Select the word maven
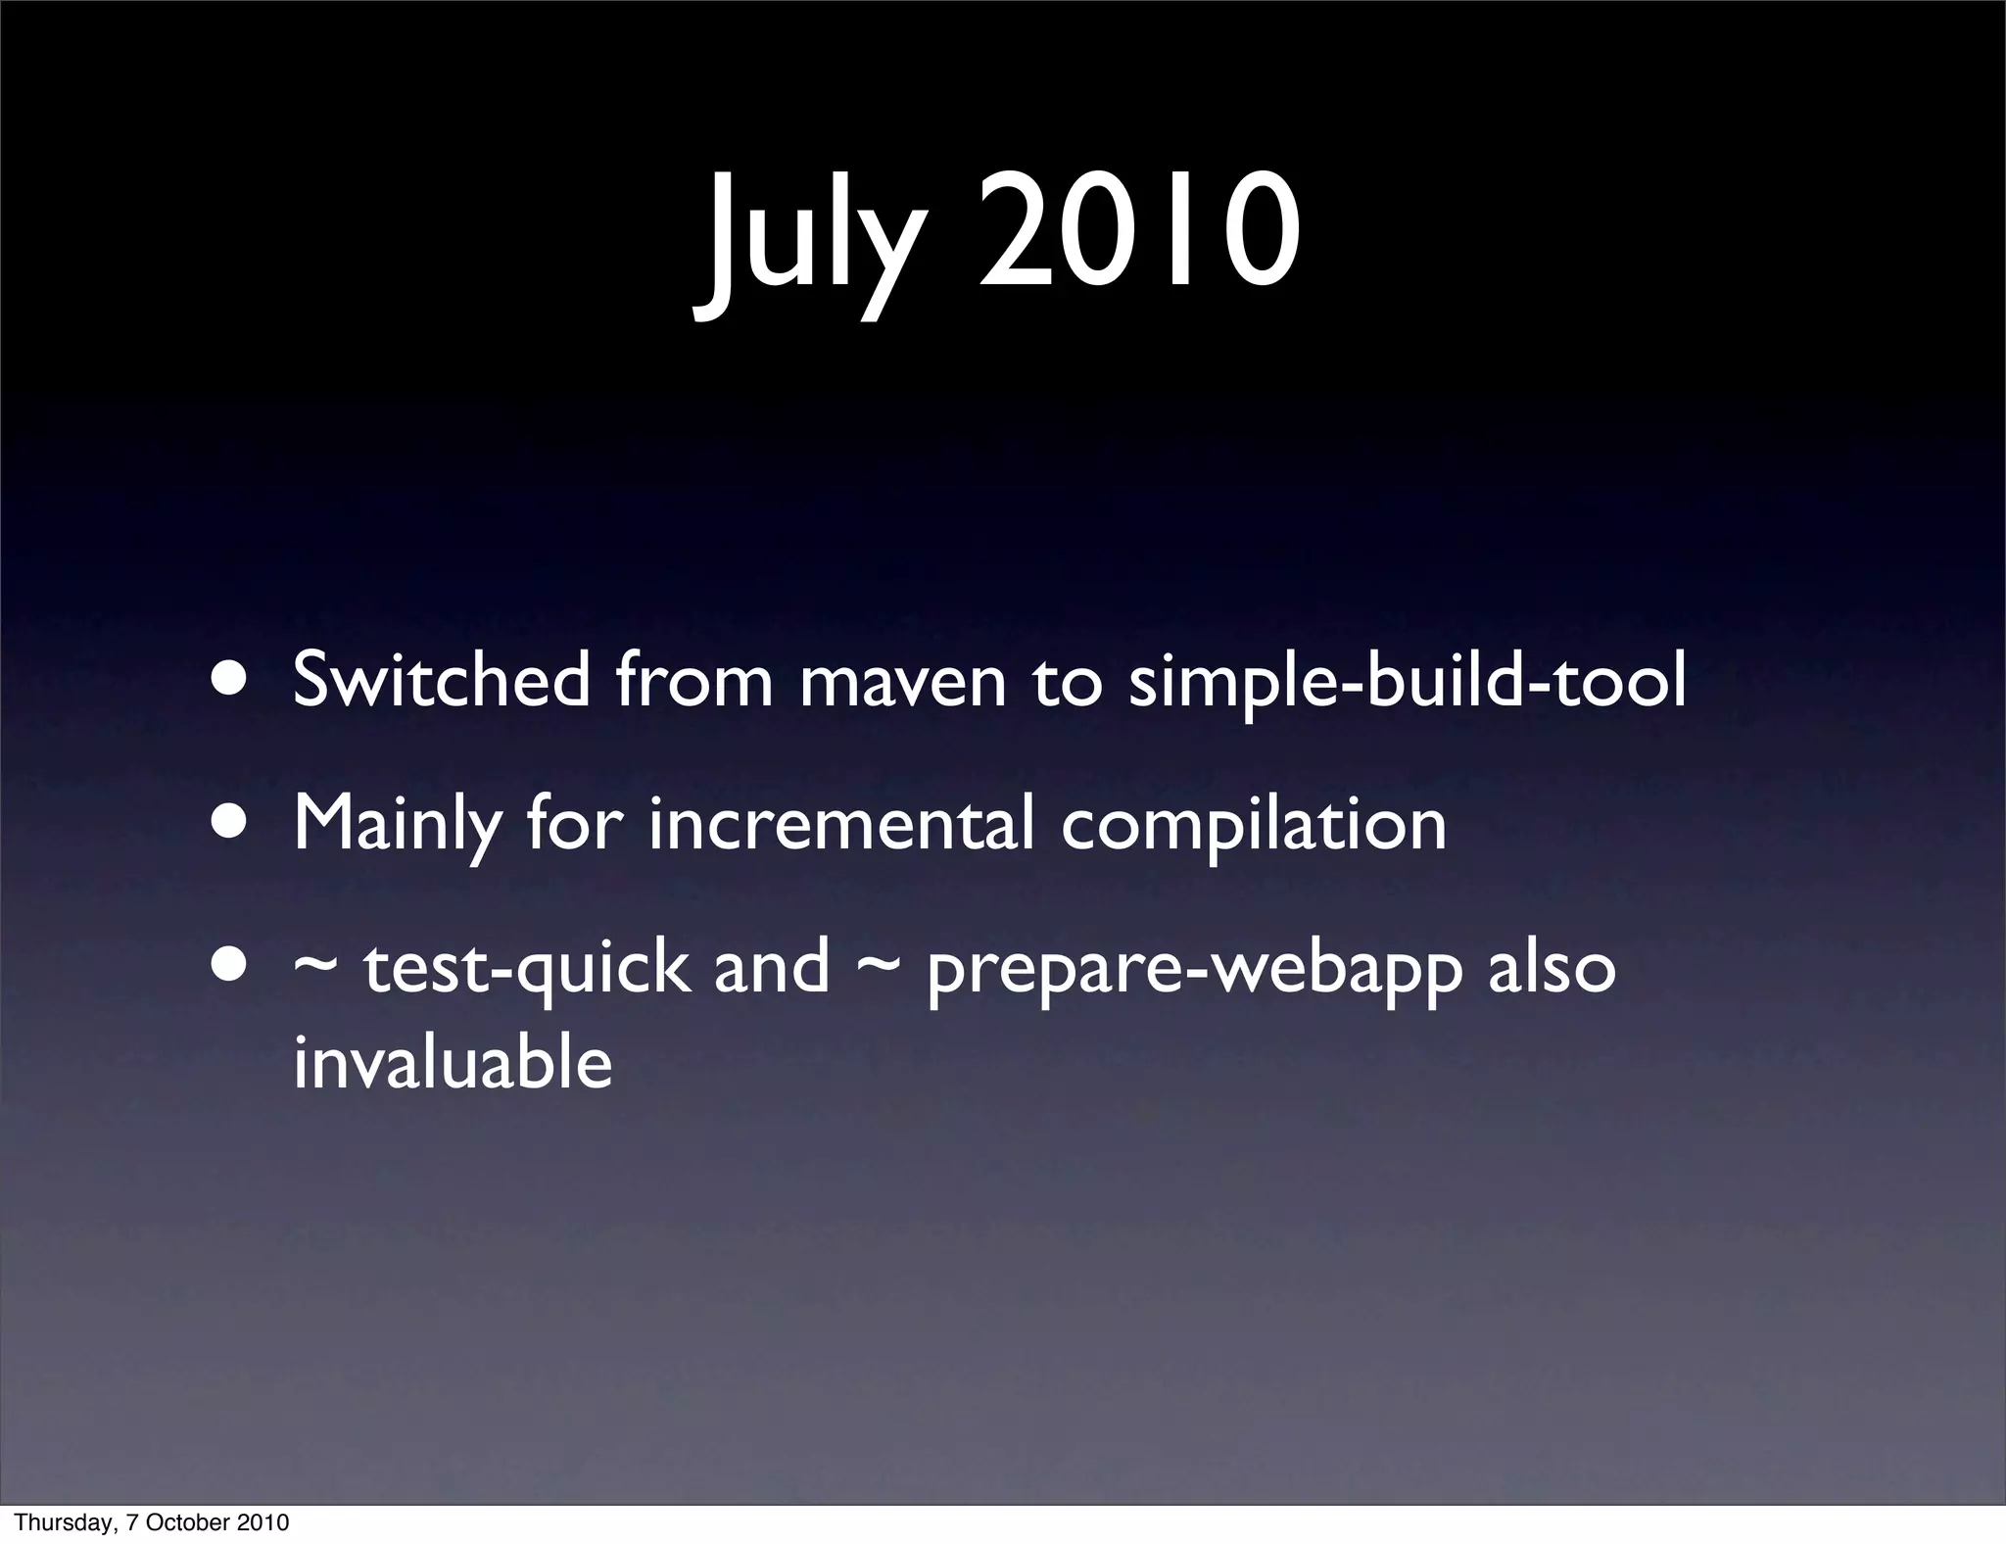(903, 683)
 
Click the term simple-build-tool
(1408, 683)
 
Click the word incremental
(840, 824)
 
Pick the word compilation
(1254, 826)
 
